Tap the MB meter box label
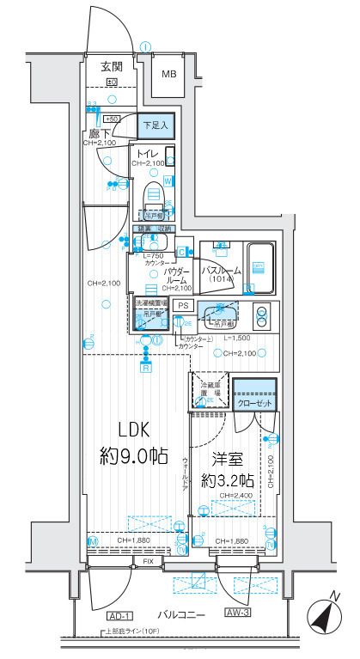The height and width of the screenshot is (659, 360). (168, 74)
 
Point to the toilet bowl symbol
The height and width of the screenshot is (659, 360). (154, 193)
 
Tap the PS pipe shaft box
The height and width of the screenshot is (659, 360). (182, 305)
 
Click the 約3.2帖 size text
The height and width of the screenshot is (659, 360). (225, 481)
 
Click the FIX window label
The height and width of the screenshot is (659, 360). (149, 562)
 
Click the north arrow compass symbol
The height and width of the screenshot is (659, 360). (323, 615)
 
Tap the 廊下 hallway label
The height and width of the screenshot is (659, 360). (98, 134)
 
